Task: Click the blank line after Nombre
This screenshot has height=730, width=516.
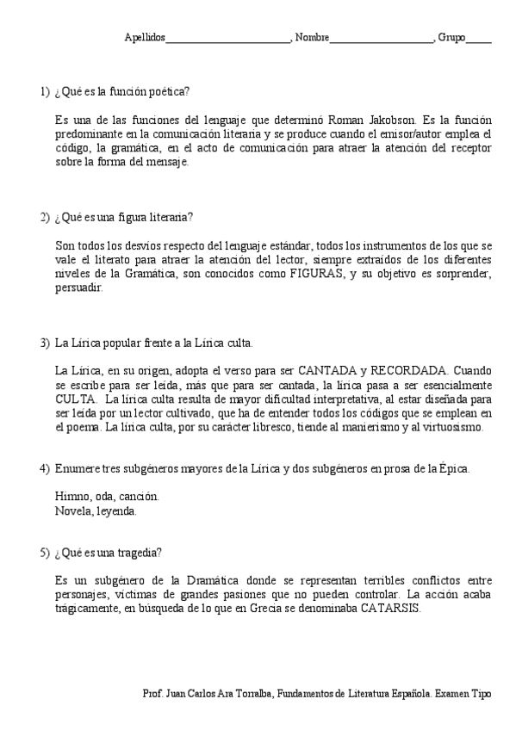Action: click(381, 40)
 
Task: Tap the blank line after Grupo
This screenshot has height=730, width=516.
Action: click(479, 40)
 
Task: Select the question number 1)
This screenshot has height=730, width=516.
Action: click(45, 91)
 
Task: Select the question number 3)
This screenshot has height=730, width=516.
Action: click(45, 343)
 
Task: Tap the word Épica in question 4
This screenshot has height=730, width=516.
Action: click(448, 469)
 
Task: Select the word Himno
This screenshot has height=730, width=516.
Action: click(71, 497)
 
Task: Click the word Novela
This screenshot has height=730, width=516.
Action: click(71, 510)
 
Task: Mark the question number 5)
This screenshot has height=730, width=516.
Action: click(45, 552)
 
